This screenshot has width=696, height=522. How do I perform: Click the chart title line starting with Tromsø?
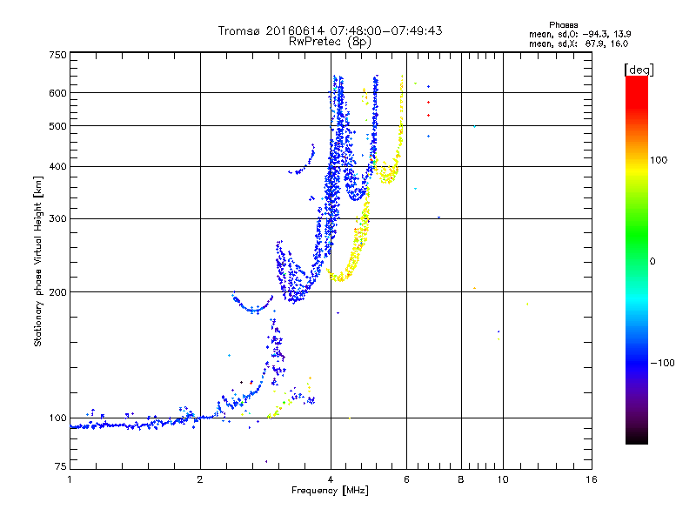331,30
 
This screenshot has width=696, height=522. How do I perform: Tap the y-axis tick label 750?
57,55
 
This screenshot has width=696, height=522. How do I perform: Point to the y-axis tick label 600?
57,93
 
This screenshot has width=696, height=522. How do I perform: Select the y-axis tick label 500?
57,126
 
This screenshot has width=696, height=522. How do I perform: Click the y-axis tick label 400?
57,166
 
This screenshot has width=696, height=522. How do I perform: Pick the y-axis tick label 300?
57,218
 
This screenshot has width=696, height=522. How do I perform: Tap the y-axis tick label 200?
57,292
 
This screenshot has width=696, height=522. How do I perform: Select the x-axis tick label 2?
200,479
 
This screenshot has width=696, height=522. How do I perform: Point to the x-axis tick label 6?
406,479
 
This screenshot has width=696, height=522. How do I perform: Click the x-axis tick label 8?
460,479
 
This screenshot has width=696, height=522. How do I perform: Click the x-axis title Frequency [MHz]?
331,491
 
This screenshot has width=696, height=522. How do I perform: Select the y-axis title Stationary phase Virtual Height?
38,261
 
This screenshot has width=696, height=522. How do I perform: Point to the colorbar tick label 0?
653,261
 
